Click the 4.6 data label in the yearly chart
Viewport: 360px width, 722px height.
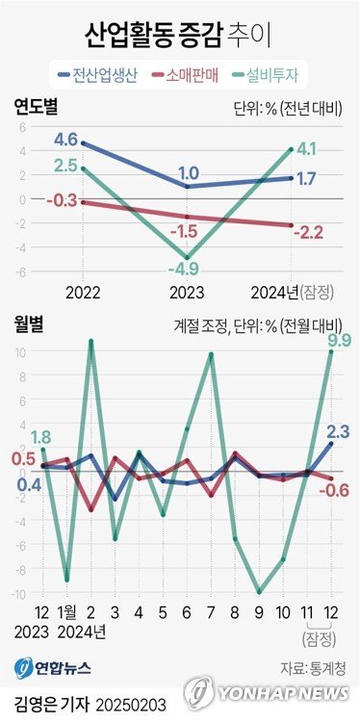click(x=65, y=141)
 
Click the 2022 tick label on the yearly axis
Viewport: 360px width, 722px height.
click(x=85, y=291)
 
